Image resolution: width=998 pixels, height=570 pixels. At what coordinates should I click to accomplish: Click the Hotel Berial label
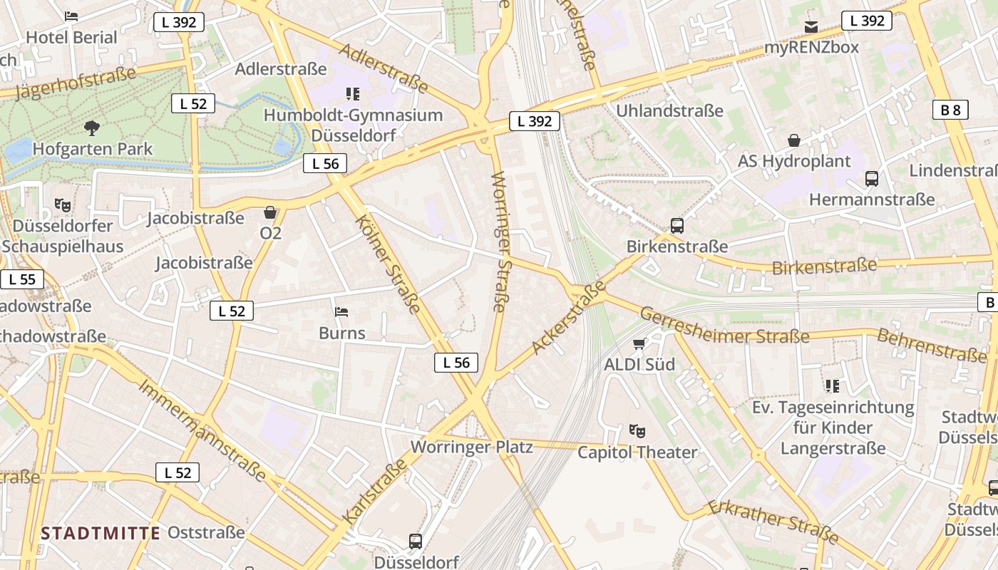click(71, 37)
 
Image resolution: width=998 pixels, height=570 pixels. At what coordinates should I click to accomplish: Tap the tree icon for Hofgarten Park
click(91, 128)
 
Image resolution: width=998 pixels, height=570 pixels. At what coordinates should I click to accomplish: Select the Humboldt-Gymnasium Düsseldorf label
click(353, 124)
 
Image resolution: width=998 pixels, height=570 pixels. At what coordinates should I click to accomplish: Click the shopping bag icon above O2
click(270, 212)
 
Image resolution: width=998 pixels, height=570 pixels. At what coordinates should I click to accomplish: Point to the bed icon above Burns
click(341, 312)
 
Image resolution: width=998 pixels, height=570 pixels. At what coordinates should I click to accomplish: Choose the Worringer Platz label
click(472, 447)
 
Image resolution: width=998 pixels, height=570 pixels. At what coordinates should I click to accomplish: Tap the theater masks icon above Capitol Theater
click(637, 430)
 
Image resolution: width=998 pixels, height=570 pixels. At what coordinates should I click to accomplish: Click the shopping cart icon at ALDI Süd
click(639, 344)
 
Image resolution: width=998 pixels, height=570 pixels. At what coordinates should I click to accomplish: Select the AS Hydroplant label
click(794, 161)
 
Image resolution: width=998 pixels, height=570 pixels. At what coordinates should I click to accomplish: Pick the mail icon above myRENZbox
click(811, 27)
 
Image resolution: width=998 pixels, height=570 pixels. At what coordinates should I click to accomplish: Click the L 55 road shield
click(22, 279)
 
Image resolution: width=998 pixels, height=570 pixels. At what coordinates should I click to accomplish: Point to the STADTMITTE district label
click(100, 533)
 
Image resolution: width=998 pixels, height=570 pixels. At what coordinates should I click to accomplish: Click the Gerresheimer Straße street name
click(724, 326)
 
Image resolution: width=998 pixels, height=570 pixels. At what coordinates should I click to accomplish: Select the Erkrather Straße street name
click(773, 522)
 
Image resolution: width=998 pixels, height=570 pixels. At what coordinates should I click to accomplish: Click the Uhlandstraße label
click(669, 110)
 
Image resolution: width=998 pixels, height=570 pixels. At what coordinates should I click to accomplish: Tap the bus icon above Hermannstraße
click(871, 179)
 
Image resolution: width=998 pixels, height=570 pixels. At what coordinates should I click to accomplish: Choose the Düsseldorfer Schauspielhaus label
click(63, 237)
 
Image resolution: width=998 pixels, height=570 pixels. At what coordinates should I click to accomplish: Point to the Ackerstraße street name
click(568, 317)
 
